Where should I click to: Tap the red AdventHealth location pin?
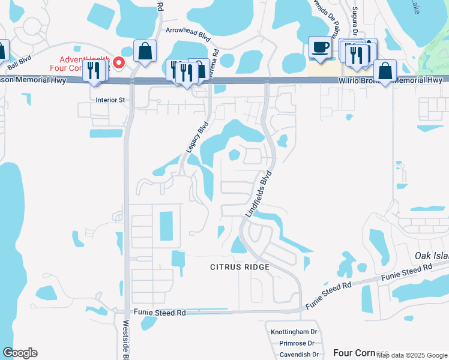(119, 62)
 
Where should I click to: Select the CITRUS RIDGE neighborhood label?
(239, 266)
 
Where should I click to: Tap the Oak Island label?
(432, 256)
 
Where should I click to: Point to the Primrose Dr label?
(297, 343)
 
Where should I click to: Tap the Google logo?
(20, 353)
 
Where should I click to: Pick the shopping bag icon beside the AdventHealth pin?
(145, 51)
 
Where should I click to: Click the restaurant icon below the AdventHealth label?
(94, 70)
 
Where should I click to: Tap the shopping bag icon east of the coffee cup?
(385, 71)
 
